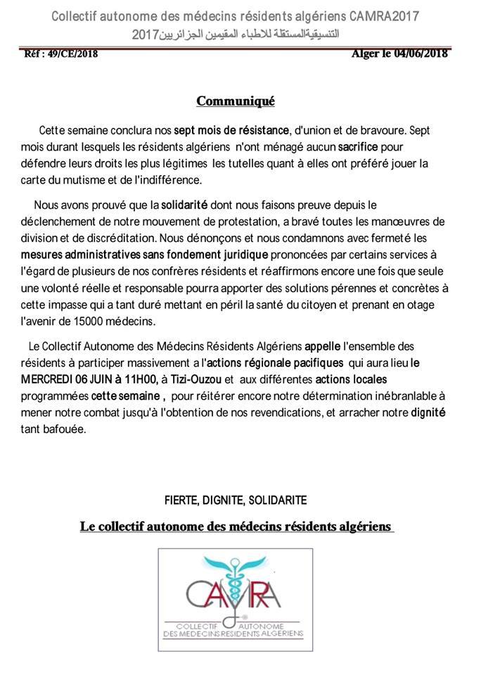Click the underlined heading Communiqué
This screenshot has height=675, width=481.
tap(236, 101)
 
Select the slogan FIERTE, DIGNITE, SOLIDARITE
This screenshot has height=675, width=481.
tap(236, 500)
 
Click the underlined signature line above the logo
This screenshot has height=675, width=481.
tap(237, 526)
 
